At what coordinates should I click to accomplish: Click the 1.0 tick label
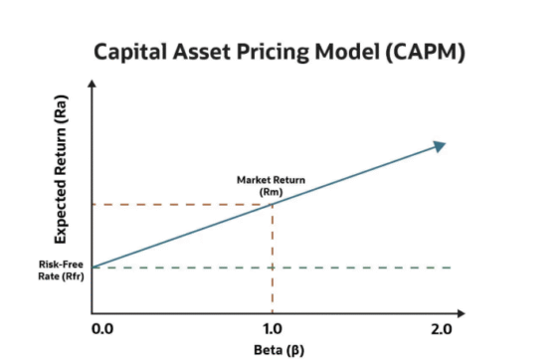[x=273, y=327]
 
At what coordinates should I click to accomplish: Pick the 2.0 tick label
[x=443, y=327]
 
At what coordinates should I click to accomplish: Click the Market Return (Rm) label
[x=271, y=184]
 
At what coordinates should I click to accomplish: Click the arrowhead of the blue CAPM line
[x=439, y=145]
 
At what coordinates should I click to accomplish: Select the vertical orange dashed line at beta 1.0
[x=273, y=259]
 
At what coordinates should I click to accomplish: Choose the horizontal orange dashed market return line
[x=179, y=205]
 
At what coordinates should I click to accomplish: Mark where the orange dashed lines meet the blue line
[x=273, y=205]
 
